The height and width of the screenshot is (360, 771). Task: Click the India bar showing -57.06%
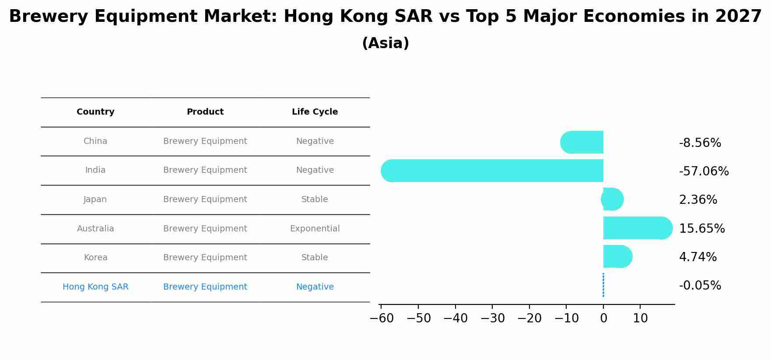pos(492,171)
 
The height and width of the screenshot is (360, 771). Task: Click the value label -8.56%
pos(700,143)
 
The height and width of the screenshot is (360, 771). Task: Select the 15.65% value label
pos(701,228)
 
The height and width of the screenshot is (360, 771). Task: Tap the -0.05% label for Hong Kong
pos(700,286)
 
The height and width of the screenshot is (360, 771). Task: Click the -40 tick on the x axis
pos(456,318)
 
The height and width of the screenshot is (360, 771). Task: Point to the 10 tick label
pos(640,318)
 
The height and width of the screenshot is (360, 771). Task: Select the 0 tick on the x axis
pos(603,318)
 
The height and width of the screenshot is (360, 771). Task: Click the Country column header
pos(95,112)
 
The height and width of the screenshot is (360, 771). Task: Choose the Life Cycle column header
pos(315,112)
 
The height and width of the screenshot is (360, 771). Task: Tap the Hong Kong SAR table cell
pos(95,287)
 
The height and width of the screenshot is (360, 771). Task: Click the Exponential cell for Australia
pos(315,229)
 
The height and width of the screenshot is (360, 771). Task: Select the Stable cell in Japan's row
pos(315,199)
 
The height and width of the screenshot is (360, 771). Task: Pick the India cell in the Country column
pos(95,170)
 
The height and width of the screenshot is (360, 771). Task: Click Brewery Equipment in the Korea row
pos(205,258)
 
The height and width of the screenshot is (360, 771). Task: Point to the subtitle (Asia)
pos(385,43)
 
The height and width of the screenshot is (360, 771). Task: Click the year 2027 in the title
pos(738,17)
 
